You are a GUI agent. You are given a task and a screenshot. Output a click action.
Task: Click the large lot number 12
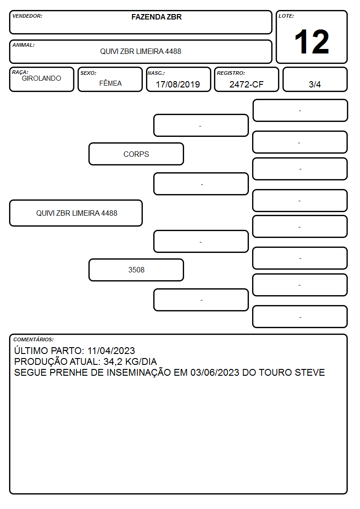click(x=311, y=42)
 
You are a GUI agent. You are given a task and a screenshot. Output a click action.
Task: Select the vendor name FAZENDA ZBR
click(x=156, y=17)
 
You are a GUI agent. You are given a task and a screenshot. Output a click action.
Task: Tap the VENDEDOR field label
click(x=27, y=16)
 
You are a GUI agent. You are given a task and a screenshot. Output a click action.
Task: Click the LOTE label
click(x=286, y=16)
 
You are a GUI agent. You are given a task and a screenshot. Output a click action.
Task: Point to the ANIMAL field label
click(x=24, y=45)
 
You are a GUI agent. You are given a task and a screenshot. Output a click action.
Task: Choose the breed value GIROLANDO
click(x=41, y=78)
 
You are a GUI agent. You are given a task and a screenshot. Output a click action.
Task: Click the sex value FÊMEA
click(x=110, y=83)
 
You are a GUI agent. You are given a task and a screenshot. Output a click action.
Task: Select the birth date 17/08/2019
click(x=178, y=84)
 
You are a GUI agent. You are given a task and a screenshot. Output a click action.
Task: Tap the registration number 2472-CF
click(x=246, y=84)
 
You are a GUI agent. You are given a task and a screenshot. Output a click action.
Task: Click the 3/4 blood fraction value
click(x=315, y=84)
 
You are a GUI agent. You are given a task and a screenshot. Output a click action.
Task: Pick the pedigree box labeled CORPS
click(x=136, y=154)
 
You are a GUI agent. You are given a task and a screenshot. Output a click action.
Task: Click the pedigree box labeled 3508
click(x=136, y=270)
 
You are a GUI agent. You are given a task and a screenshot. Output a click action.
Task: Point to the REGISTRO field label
click(x=231, y=73)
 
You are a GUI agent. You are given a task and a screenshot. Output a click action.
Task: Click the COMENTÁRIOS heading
click(x=34, y=339)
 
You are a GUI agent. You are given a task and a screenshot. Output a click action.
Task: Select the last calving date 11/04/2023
click(x=111, y=351)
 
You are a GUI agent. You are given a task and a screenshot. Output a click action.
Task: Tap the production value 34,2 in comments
click(x=112, y=362)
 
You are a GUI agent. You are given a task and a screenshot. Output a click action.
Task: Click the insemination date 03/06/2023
click(x=215, y=372)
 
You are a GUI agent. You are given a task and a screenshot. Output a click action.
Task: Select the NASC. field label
click(x=156, y=73)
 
